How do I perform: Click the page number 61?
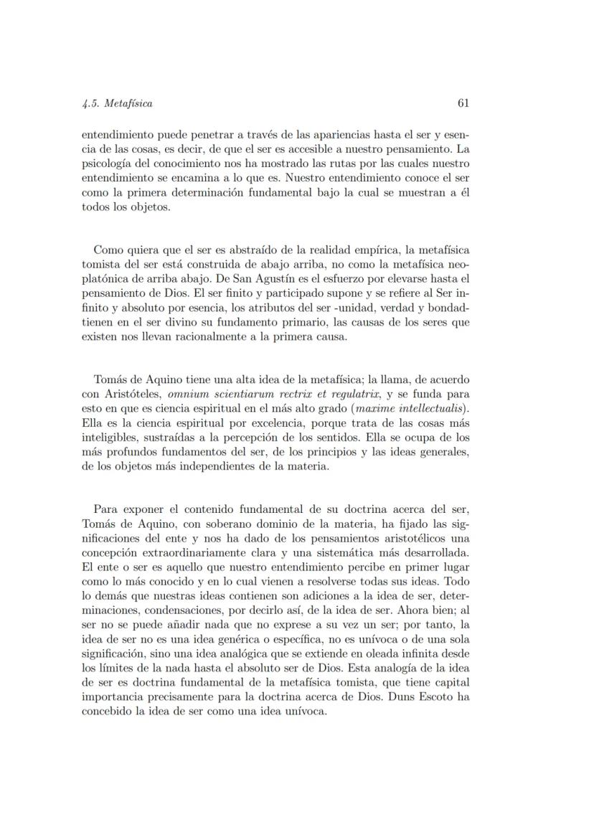pos(463,103)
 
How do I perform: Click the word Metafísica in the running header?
pos(128,103)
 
